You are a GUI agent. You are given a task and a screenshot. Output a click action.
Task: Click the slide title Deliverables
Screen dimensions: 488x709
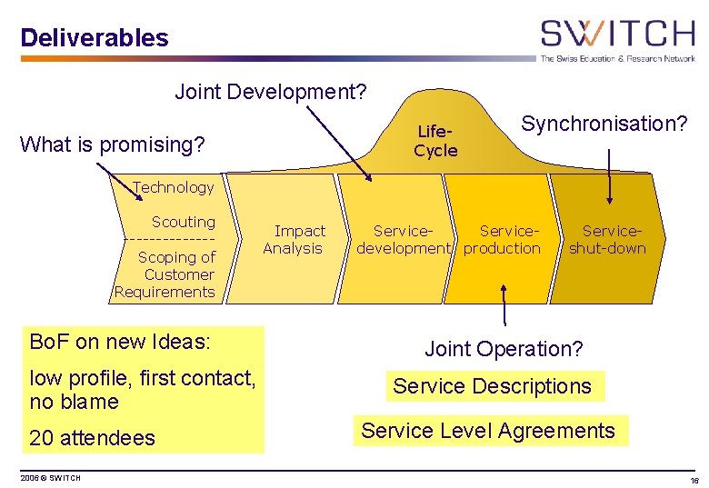click(x=95, y=38)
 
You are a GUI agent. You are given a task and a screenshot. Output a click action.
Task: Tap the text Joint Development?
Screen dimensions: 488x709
click(x=271, y=92)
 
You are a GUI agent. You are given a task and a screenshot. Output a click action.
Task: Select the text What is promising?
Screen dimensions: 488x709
click(x=113, y=144)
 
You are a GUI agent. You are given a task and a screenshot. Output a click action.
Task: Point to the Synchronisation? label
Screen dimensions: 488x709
click(x=604, y=123)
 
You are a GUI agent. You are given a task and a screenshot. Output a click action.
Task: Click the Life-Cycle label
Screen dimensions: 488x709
click(x=435, y=142)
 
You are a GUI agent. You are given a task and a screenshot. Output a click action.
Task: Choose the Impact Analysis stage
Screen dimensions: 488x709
click(x=294, y=240)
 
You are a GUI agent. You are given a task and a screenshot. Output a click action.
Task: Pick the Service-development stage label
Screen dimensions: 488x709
click(x=403, y=240)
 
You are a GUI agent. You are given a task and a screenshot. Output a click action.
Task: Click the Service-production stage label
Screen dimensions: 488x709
click(x=503, y=240)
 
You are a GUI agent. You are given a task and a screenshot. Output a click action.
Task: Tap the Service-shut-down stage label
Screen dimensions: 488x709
click(x=607, y=240)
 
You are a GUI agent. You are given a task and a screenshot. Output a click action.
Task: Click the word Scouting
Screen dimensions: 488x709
click(x=184, y=222)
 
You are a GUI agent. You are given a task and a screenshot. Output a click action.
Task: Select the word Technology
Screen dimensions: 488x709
click(x=173, y=187)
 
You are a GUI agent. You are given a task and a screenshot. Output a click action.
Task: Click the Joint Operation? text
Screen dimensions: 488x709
click(x=504, y=349)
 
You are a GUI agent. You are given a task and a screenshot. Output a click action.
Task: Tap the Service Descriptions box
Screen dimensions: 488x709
click(x=493, y=386)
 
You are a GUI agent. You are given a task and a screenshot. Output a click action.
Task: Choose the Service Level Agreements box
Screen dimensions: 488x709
click(x=488, y=431)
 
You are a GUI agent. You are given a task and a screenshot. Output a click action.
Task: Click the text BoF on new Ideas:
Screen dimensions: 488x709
click(x=120, y=342)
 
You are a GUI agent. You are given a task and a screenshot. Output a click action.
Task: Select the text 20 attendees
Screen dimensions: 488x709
click(x=93, y=438)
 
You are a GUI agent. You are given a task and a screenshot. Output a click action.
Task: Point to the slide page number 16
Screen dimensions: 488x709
click(x=694, y=480)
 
